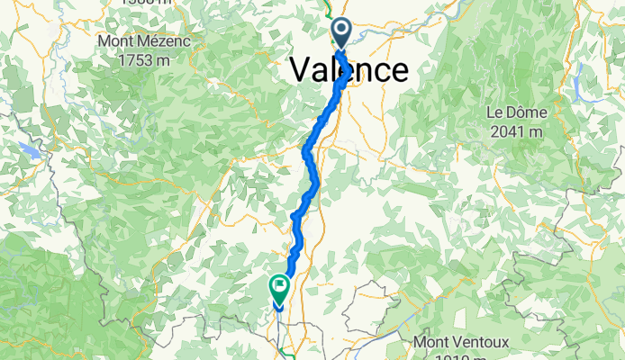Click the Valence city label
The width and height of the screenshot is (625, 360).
(349, 70)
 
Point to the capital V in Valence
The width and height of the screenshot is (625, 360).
(302, 70)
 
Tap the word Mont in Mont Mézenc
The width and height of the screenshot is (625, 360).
(117, 41)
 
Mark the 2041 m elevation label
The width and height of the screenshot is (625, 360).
(513, 130)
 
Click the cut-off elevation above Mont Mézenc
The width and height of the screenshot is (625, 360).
(137, 3)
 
